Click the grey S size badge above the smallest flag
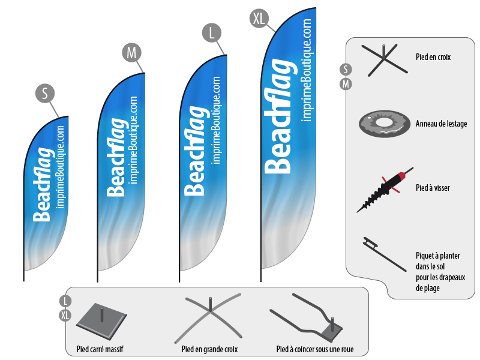coord(45,93)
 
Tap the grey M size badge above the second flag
coord(132,52)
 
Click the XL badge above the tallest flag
coord(259,19)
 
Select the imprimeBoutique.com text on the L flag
coord(217,120)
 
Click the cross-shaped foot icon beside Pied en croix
coord(385,59)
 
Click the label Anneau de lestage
coord(441,124)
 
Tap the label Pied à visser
coord(433,188)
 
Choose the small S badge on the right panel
coord(346,70)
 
